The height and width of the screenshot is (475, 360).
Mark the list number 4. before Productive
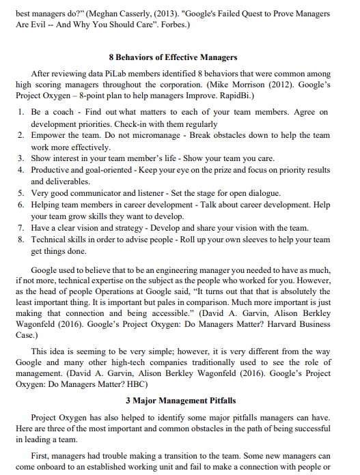22,170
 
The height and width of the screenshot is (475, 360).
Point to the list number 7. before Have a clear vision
22,227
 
